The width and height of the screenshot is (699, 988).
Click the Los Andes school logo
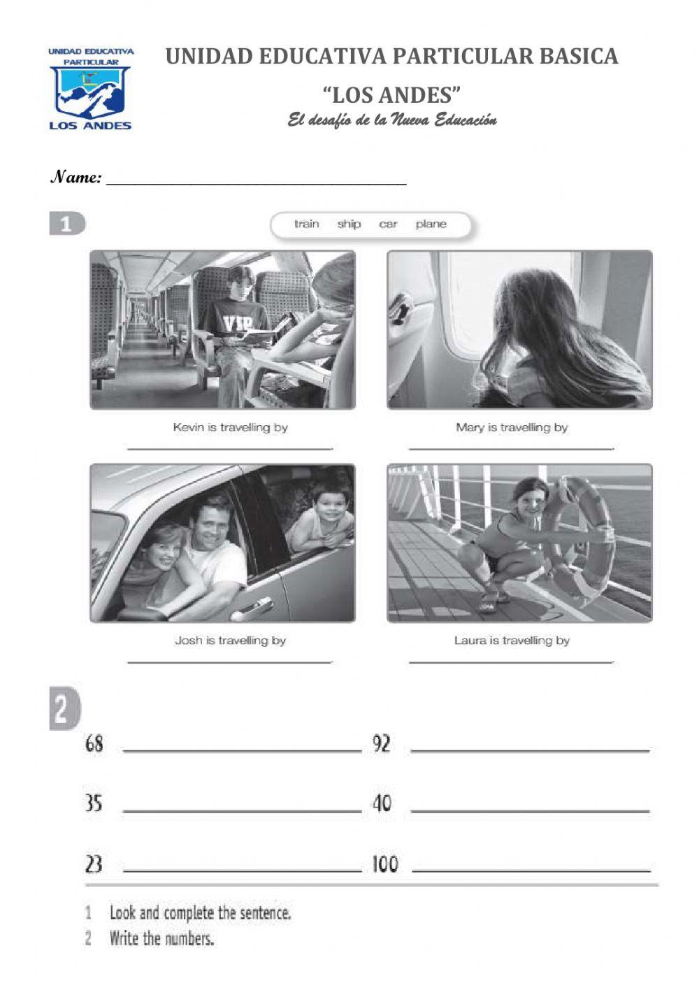coord(90,89)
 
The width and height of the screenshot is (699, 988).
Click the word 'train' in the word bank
coord(306,224)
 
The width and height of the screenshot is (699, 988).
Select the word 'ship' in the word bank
coord(349,224)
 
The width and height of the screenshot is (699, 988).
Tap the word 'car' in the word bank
coord(388,224)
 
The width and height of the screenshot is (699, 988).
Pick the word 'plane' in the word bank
coord(431,224)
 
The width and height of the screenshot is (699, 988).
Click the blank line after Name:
coord(256,180)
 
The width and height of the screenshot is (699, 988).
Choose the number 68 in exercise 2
coord(94,743)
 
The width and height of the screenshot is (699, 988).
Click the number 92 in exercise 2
coord(382,743)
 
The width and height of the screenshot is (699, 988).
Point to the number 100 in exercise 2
coord(384,864)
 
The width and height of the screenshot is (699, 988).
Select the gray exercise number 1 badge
coord(66,224)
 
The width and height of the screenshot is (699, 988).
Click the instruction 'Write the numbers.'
coord(161,938)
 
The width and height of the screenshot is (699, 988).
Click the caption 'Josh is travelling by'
coord(230,640)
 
